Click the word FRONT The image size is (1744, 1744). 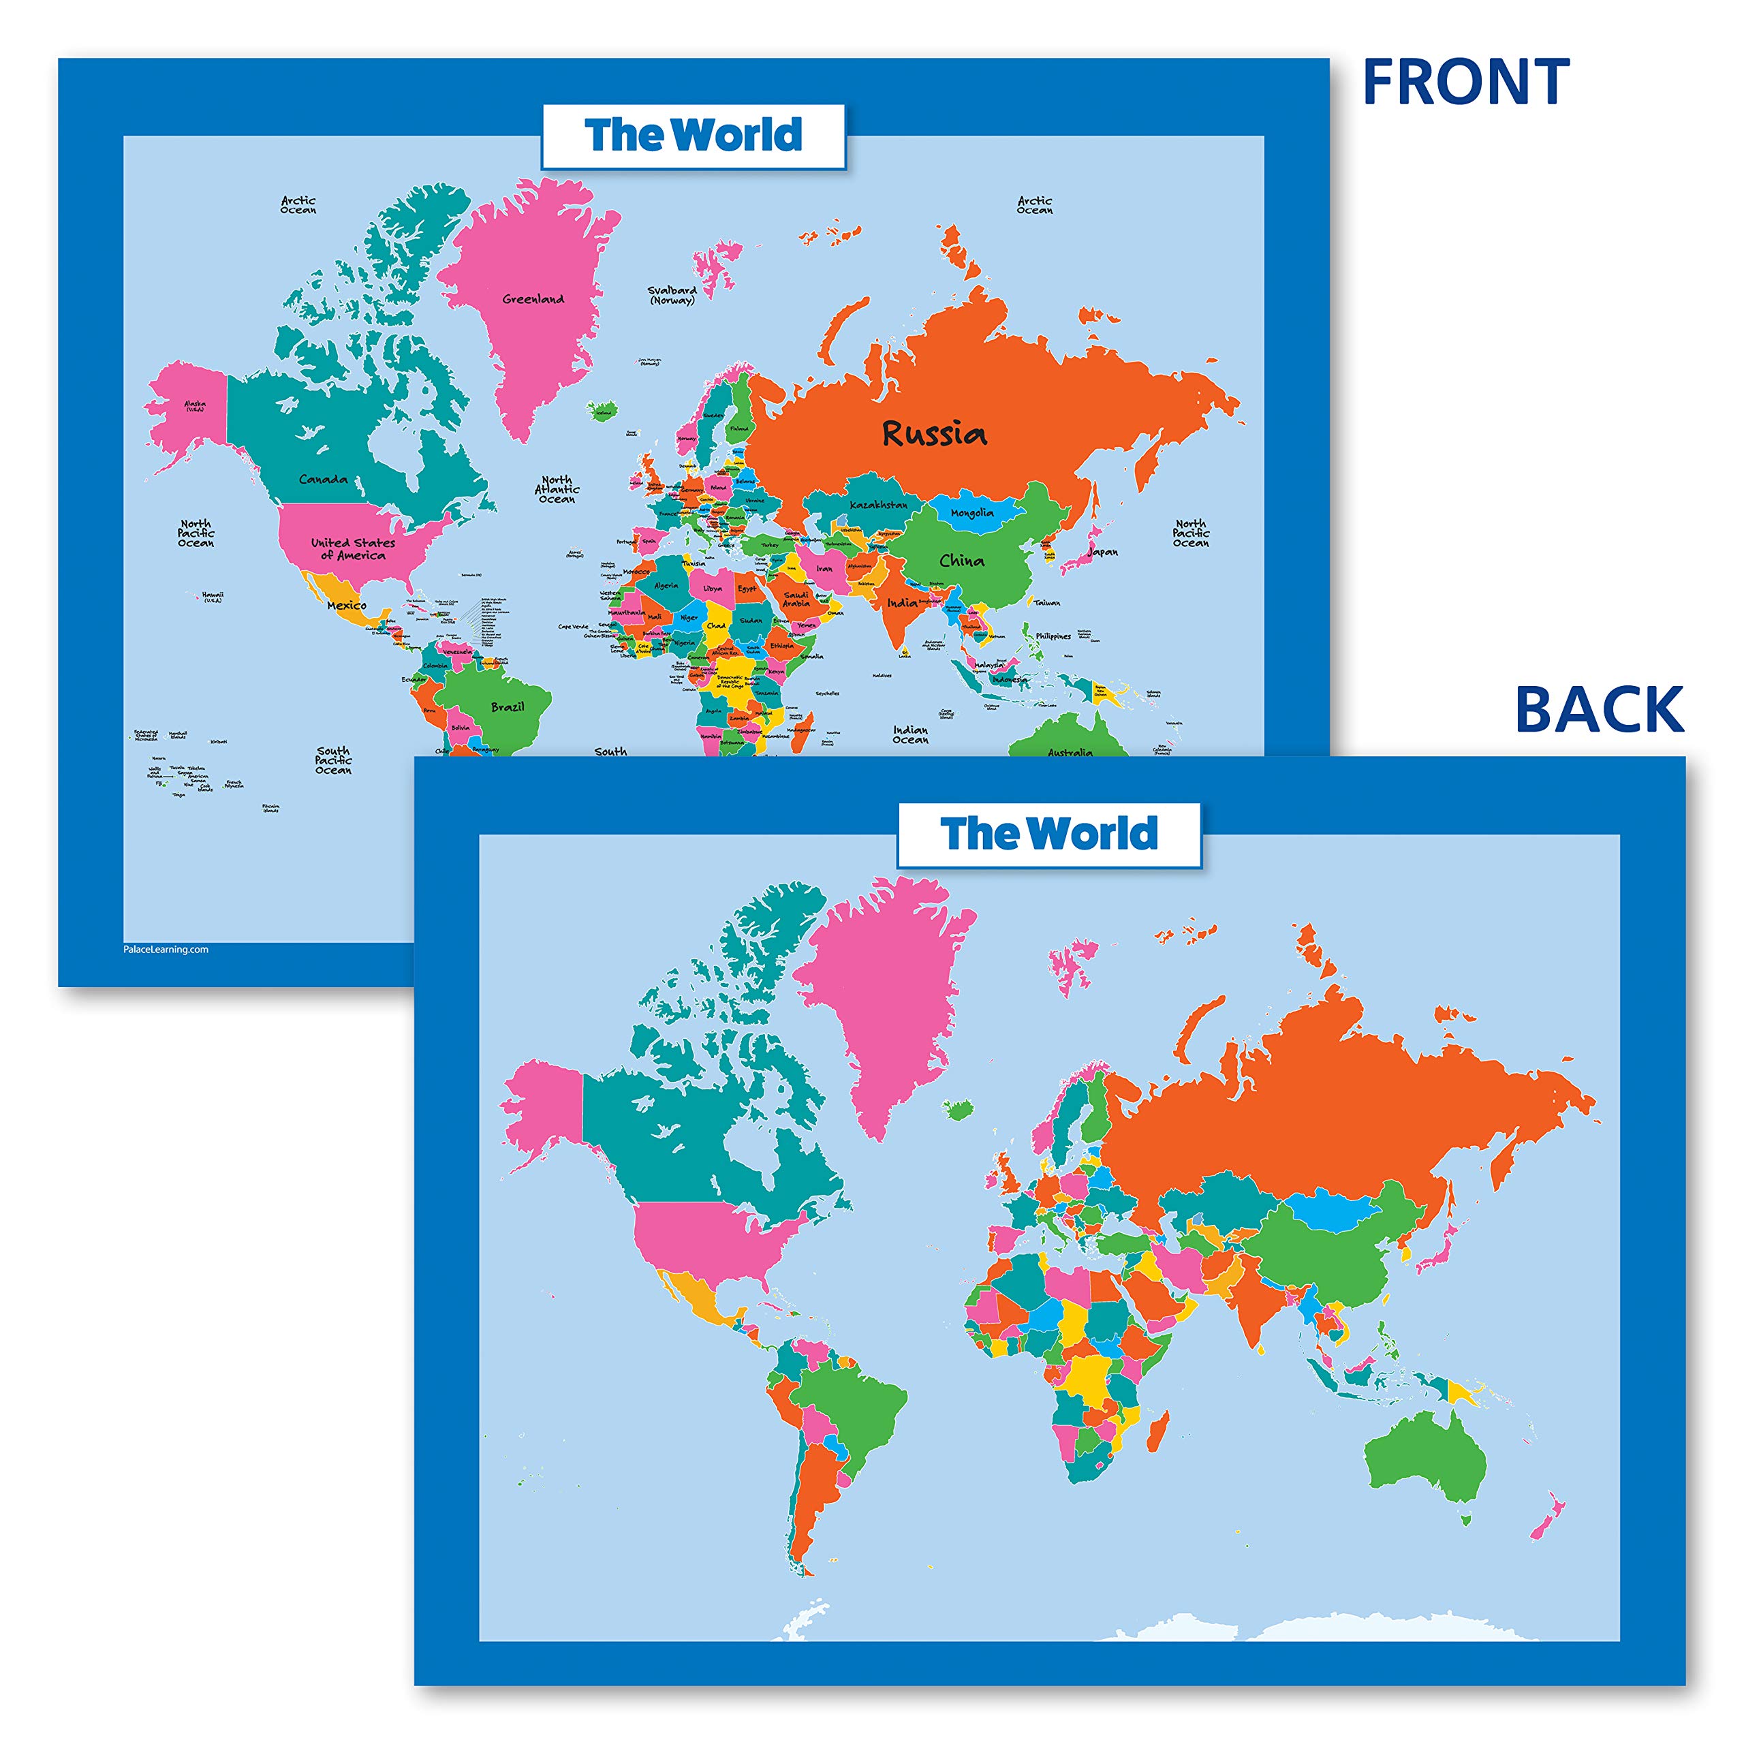pyautogui.click(x=1465, y=83)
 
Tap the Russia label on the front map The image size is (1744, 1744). pyautogui.click(x=934, y=434)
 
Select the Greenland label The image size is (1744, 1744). pyautogui.click(x=533, y=299)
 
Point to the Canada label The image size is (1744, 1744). pyautogui.click(x=323, y=480)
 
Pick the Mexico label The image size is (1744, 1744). pyautogui.click(x=347, y=605)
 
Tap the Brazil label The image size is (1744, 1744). pyautogui.click(x=508, y=707)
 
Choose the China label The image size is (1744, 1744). pyautogui.click(x=961, y=561)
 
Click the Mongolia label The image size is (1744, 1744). pyautogui.click(x=972, y=513)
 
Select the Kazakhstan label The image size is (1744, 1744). pyautogui.click(x=878, y=505)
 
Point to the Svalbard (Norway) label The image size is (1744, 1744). pyautogui.click(x=672, y=295)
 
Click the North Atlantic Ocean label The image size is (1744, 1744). pyautogui.click(x=557, y=489)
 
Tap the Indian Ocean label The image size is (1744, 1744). pyautogui.click(x=911, y=735)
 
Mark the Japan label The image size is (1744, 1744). pyautogui.click(x=1103, y=552)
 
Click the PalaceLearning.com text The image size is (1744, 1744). pyautogui.click(x=166, y=949)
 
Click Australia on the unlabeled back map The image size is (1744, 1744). pyautogui.click(x=1427, y=1458)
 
